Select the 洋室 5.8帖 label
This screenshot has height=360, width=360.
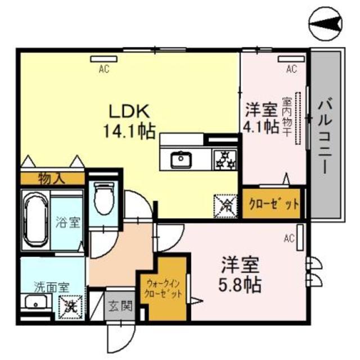tap(240, 274)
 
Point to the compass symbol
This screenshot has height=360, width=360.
tap(325, 23)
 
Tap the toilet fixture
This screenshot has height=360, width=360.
tap(104, 200)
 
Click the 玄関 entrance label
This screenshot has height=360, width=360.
tap(119, 307)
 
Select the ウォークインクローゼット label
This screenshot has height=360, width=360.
tap(163, 289)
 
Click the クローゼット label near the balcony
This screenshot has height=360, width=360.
tap(271, 204)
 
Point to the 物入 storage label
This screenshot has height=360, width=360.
tap(51, 179)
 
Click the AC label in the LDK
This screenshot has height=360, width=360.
tap(103, 69)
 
